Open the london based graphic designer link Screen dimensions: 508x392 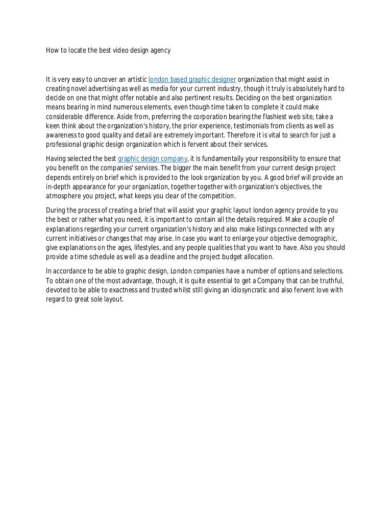192,79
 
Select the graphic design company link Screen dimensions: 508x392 153,158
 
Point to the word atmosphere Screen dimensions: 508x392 64,196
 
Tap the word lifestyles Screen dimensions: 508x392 149,247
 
